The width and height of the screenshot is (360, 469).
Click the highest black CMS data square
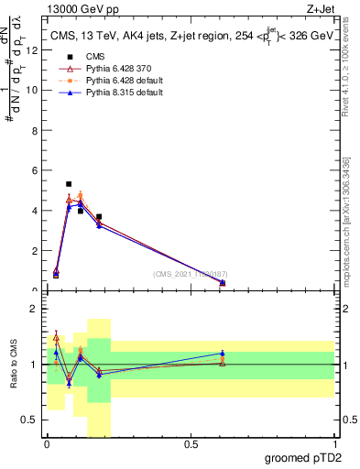pyautogui.click(x=69, y=184)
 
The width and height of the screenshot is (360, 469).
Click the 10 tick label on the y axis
pyautogui.click(x=32, y=90)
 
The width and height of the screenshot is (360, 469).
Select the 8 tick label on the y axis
pyautogui.click(x=34, y=130)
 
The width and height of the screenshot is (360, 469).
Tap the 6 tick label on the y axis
pyautogui.click(x=34, y=170)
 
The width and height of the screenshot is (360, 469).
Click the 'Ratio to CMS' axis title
pyautogui.click(x=13, y=365)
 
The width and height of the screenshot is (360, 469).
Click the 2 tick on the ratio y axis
pyautogui.click(x=34, y=310)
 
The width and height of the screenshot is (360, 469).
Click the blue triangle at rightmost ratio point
pyautogui.click(x=223, y=353)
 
